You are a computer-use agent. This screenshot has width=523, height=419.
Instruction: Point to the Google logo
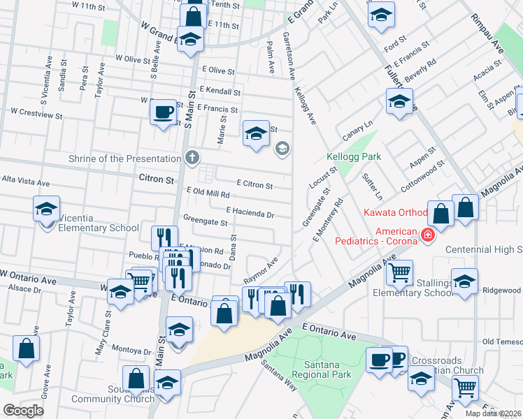tap(23, 411)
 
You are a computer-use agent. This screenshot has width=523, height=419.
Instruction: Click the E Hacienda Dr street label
tap(250, 212)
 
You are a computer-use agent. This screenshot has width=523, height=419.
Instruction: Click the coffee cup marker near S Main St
tap(164, 112)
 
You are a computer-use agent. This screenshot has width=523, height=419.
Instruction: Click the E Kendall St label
tap(220, 91)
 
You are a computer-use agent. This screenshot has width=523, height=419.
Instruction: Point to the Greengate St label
tap(206, 223)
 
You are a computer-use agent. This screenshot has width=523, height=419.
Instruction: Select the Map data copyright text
tap(494, 413)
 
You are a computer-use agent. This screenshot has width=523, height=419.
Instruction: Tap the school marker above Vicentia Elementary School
tap(47, 208)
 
